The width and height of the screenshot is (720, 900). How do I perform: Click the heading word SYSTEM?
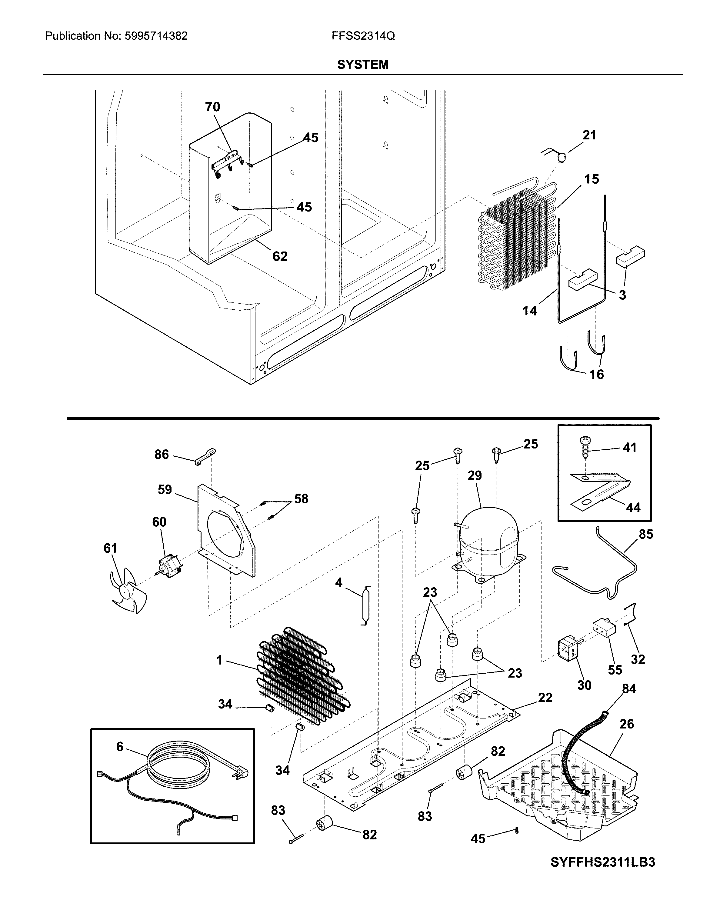363,65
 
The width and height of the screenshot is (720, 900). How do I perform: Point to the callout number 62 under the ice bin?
280,256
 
